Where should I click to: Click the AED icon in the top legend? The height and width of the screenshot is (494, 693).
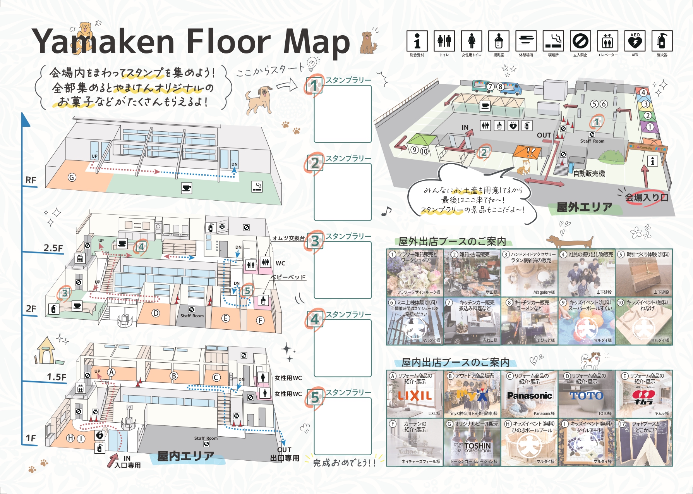tap(635, 41)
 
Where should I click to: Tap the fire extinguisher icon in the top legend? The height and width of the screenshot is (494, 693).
tap(662, 41)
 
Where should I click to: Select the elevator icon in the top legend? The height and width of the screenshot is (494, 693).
tap(607, 41)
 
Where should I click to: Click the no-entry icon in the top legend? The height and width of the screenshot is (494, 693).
tap(580, 41)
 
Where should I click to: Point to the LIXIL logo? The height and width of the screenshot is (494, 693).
tap(415, 396)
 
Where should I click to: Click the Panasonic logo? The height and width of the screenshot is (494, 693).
tap(530, 396)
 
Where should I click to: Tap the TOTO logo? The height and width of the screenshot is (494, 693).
tap(587, 396)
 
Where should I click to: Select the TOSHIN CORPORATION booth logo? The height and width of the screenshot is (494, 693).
tap(477, 447)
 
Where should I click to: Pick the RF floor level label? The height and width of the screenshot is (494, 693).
tap(31, 180)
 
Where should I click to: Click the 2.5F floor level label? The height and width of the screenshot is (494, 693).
tap(53, 248)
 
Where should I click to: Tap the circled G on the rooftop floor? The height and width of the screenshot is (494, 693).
tap(72, 177)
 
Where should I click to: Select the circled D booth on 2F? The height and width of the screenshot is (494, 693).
tap(156, 313)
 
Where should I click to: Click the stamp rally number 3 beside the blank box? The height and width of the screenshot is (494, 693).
tap(315, 241)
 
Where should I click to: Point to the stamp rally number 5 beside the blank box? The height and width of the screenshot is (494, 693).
tap(315, 398)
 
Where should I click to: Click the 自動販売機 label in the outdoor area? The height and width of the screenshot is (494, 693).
tap(589, 174)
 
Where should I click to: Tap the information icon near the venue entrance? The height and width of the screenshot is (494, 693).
tap(652, 161)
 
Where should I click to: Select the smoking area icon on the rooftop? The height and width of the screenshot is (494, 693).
tap(257, 186)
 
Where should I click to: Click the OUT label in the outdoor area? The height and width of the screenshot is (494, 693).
tap(544, 135)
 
